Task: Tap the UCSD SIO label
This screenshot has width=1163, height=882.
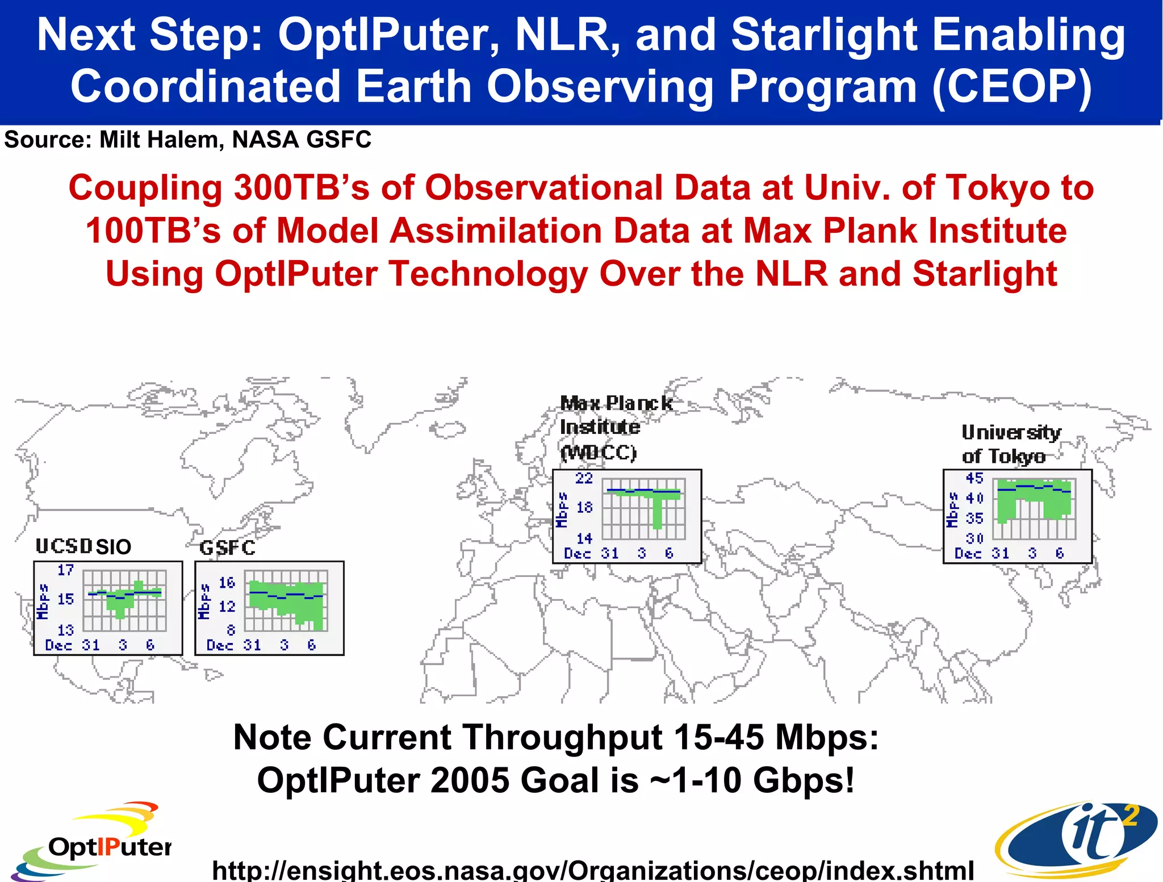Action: tap(83, 546)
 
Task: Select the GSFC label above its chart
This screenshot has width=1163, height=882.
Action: tap(227, 547)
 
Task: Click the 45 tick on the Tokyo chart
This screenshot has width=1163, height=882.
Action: tap(974, 478)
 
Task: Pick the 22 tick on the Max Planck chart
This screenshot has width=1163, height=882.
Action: tap(584, 478)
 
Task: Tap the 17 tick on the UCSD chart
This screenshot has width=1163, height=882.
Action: tap(65, 570)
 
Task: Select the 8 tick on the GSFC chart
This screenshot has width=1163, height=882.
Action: tap(231, 630)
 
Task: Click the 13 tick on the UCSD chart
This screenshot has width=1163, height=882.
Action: tap(65, 630)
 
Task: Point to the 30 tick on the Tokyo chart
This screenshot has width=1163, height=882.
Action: tap(974, 538)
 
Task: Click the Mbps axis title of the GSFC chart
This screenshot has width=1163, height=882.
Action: tap(204, 602)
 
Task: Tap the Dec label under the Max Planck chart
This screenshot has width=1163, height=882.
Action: tap(577, 553)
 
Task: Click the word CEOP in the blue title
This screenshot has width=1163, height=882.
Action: tap(1011, 86)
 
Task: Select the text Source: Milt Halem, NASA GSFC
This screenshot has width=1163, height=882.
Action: tap(187, 140)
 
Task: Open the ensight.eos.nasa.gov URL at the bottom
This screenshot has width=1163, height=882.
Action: tap(592, 869)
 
